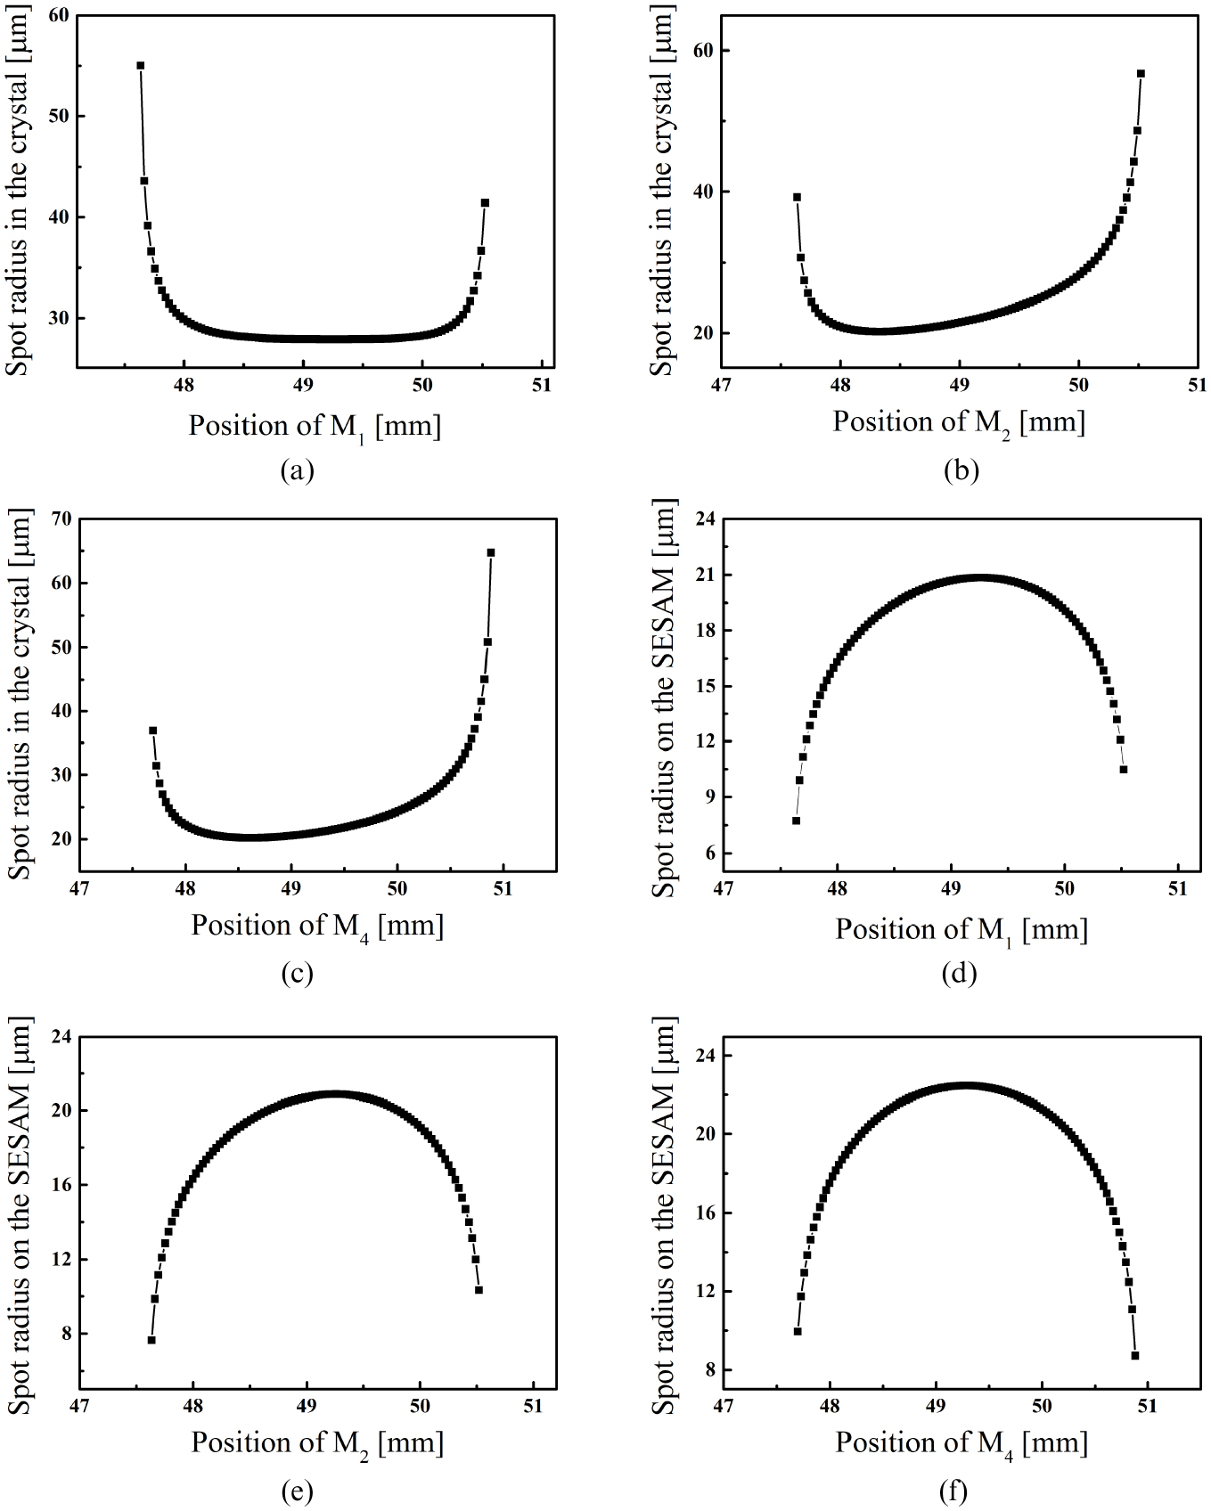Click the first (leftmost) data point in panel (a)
point(140,65)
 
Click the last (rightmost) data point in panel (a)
point(485,203)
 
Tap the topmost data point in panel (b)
point(1141,73)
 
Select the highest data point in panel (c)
point(491,552)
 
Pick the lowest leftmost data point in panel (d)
point(796,821)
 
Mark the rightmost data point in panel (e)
point(479,1289)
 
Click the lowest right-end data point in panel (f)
point(1135,1355)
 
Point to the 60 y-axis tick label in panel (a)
point(61,15)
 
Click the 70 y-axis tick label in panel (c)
point(61,519)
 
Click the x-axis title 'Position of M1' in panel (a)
point(315,426)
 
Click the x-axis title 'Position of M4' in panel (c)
point(316,926)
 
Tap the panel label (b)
point(961,470)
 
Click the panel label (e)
point(297,1490)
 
